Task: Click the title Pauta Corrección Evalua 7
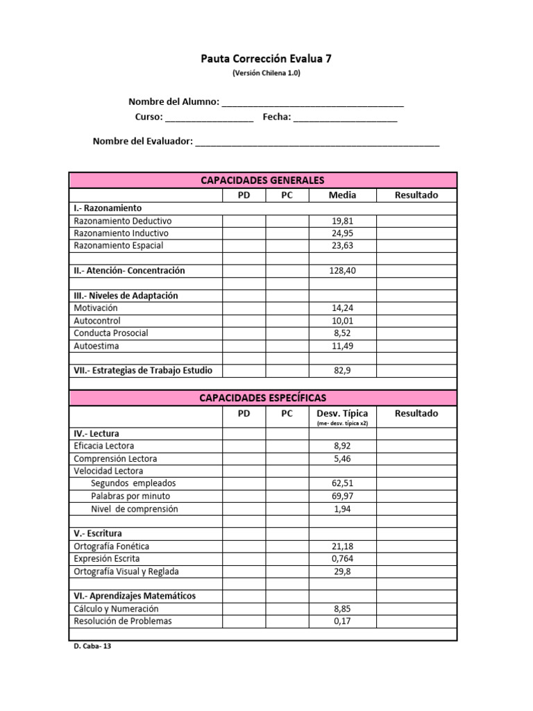(x=266, y=59)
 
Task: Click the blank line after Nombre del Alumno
(x=312, y=103)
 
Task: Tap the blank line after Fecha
(x=345, y=118)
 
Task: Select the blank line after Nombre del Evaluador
(x=317, y=143)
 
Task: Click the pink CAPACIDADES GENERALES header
(x=262, y=181)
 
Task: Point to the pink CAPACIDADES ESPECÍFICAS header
(x=262, y=398)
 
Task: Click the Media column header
(x=342, y=195)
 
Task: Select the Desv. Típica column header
(x=342, y=413)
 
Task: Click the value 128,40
(x=342, y=271)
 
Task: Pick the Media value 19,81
(x=342, y=221)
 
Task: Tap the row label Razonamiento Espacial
(x=119, y=246)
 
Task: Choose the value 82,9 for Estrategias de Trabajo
(x=342, y=371)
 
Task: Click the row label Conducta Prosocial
(x=111, y=333)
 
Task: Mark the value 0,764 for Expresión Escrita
(x=342, y=559)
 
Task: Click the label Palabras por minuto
(x=130, y=496)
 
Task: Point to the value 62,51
(x=342, y=483)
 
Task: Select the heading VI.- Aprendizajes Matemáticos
(x=135, y=596)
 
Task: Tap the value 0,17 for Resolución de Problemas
(x=342, y=621)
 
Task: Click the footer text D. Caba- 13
(x=92, y=645)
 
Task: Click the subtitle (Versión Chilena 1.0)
(x=266, y=73)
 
